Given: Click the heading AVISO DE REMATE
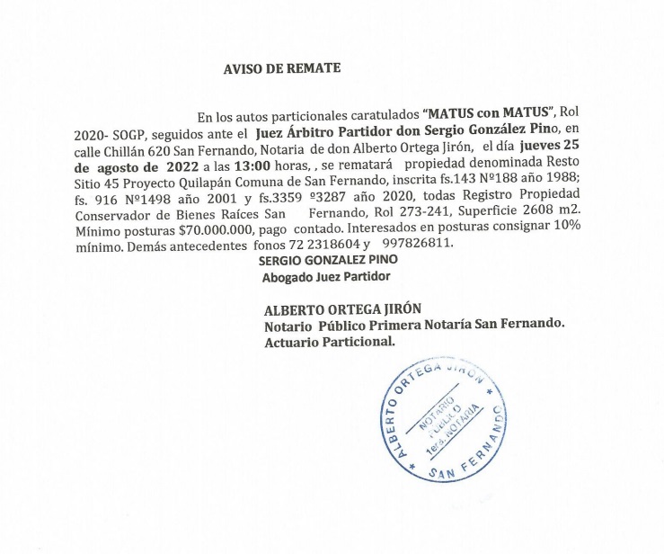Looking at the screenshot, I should pyautogui.click(x=282, y=68).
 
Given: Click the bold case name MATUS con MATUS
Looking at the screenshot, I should pyautogui.click(x=487, y=114).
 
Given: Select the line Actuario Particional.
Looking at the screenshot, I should pyautogui.click(x=329, y=343).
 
